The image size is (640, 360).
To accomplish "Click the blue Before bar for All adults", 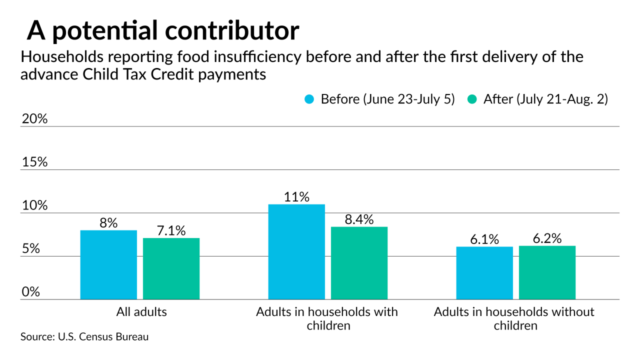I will click(x=108, y=265).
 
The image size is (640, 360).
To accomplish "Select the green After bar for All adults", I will click(x=171, y=269).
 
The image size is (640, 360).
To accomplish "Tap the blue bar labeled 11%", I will click(x=296, y=252).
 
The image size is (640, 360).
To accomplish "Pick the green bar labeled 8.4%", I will click(x=359, y=263).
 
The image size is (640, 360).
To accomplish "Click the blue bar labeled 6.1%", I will click(x=484, y=273).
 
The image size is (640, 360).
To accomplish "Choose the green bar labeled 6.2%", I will click(x=547, y=272).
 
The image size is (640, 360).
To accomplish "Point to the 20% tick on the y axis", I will click(x=34, y=119).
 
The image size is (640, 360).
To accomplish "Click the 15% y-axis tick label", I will click(x=34, y=162).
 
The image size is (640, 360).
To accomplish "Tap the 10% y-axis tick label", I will click(x=34, y=206).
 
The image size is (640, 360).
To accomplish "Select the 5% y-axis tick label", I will click(x=30, y=249).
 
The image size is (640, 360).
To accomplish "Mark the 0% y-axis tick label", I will click(x=30, y=292).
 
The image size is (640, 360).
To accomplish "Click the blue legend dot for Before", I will click(x=309, y=99).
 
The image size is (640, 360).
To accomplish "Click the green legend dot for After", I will click(x=472, y=99).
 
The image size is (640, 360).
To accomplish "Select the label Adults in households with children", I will click(x=327, y=318).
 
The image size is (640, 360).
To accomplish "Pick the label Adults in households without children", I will click(x=514, y=318).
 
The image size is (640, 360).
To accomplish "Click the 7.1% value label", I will click(x=171, y=230).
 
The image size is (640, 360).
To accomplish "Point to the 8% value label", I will click(x=108, y=223).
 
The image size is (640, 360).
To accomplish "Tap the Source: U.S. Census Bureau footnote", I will click(x=84, y=337).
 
